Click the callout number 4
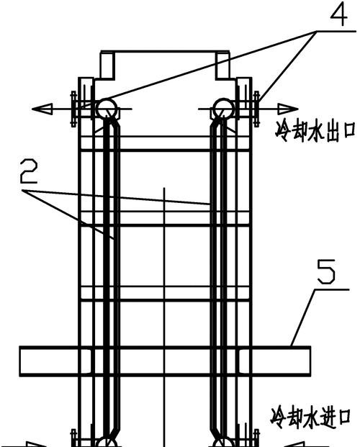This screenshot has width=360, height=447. click(339, 14)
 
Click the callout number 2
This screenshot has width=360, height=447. click(29, 171)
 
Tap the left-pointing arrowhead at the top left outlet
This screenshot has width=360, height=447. click(42, 109)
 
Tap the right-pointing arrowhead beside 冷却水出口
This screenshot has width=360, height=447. click(288, 109)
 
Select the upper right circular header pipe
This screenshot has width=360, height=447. click(224, 109)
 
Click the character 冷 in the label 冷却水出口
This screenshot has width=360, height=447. click(282, 132)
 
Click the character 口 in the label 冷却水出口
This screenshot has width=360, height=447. click(348, 131)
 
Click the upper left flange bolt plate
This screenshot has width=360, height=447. click(73, 109)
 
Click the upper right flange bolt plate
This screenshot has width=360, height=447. click(256, 109)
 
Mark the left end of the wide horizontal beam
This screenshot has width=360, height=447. click(20, 361)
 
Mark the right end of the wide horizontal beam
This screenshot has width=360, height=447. click(310, 361)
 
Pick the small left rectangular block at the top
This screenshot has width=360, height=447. click(107, 65)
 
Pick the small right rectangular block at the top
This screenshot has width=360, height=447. click(222, 65)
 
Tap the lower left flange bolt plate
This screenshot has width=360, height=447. click(73, 438)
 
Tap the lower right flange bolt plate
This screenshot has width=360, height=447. click(256, 438)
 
